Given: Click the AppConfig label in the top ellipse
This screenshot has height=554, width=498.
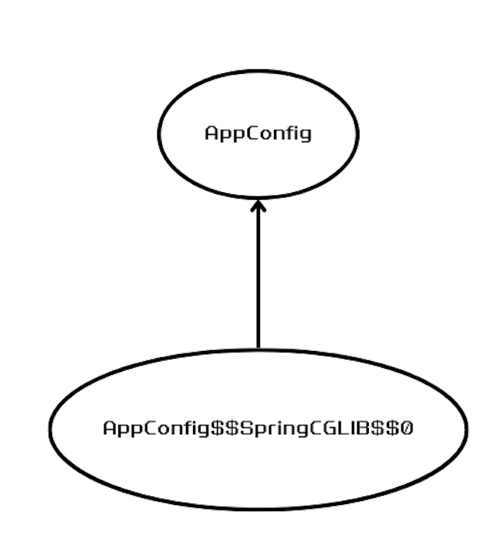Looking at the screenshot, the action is [258, 133].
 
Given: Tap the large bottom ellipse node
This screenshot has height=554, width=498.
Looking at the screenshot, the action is [258, 475].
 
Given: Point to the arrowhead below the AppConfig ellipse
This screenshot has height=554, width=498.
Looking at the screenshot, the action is [258, 206].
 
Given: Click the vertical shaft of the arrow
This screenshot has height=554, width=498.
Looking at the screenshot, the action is [258, 280].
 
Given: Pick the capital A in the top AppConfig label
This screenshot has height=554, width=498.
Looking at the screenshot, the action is [210, 133].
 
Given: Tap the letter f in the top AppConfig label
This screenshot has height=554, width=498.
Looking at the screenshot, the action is [282, 133].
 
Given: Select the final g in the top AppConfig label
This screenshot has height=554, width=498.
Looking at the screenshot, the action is [305, 135].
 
